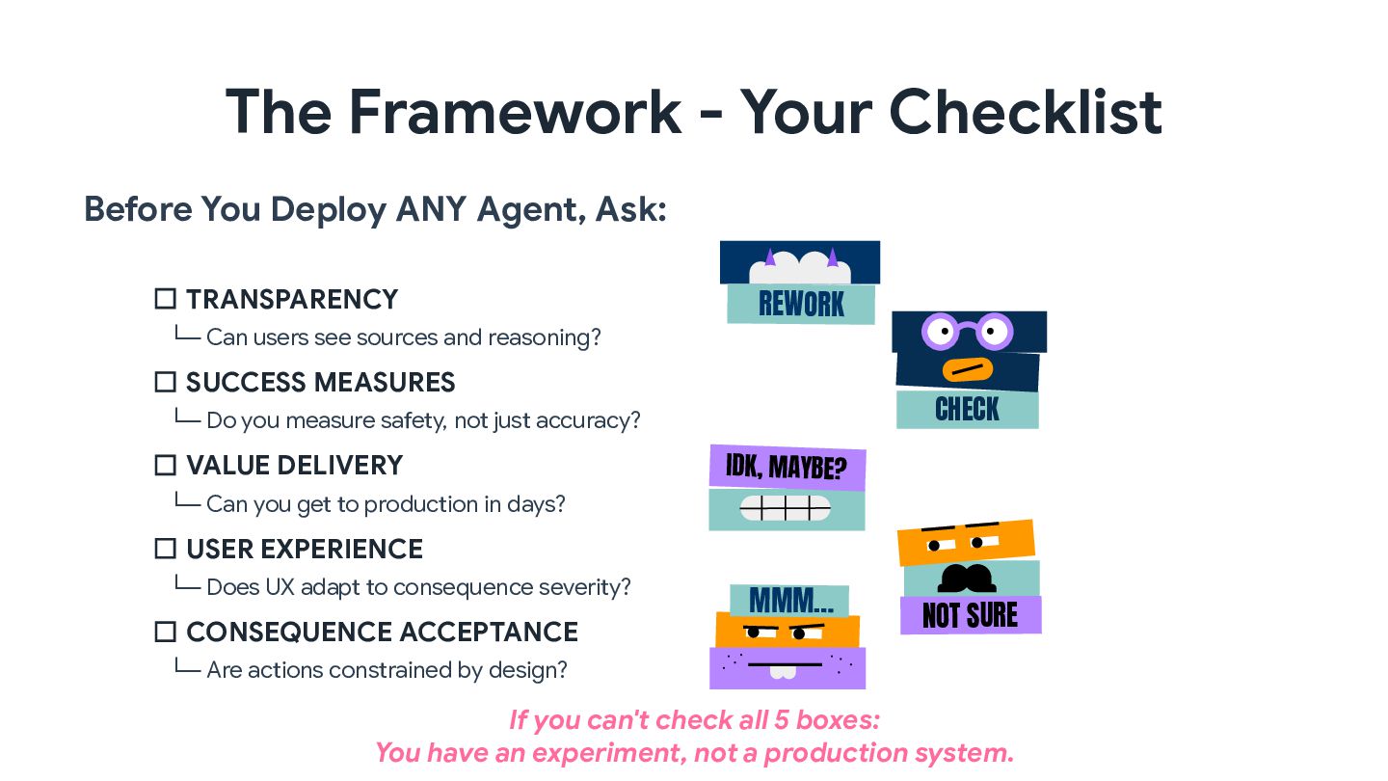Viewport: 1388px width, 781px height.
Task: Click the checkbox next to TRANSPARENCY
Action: pos(165,299)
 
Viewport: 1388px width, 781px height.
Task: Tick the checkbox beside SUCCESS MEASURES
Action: pos(165,382)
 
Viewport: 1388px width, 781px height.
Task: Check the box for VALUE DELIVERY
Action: pos(165,466)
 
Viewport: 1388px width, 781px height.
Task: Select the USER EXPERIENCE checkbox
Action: pos(165,549)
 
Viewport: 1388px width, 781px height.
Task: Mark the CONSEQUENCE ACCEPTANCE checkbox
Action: pos(165,632)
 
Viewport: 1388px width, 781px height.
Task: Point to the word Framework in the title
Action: pos(515,111)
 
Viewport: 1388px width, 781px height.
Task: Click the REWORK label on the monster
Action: pos(801,304)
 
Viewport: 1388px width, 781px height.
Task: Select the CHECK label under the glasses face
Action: pos(967,410)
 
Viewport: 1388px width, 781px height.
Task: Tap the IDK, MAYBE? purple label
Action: pos(787,469)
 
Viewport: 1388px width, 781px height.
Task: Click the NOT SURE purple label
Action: pos(970,615)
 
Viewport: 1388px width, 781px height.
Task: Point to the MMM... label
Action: pos(790,601)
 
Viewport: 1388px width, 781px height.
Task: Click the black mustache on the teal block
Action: pos(967,578)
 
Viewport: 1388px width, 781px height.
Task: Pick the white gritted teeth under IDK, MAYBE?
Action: pos(786,508)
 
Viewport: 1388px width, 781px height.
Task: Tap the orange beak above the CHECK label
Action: pos(967,369)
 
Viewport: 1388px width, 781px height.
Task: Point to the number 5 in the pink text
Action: pos(784,719)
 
